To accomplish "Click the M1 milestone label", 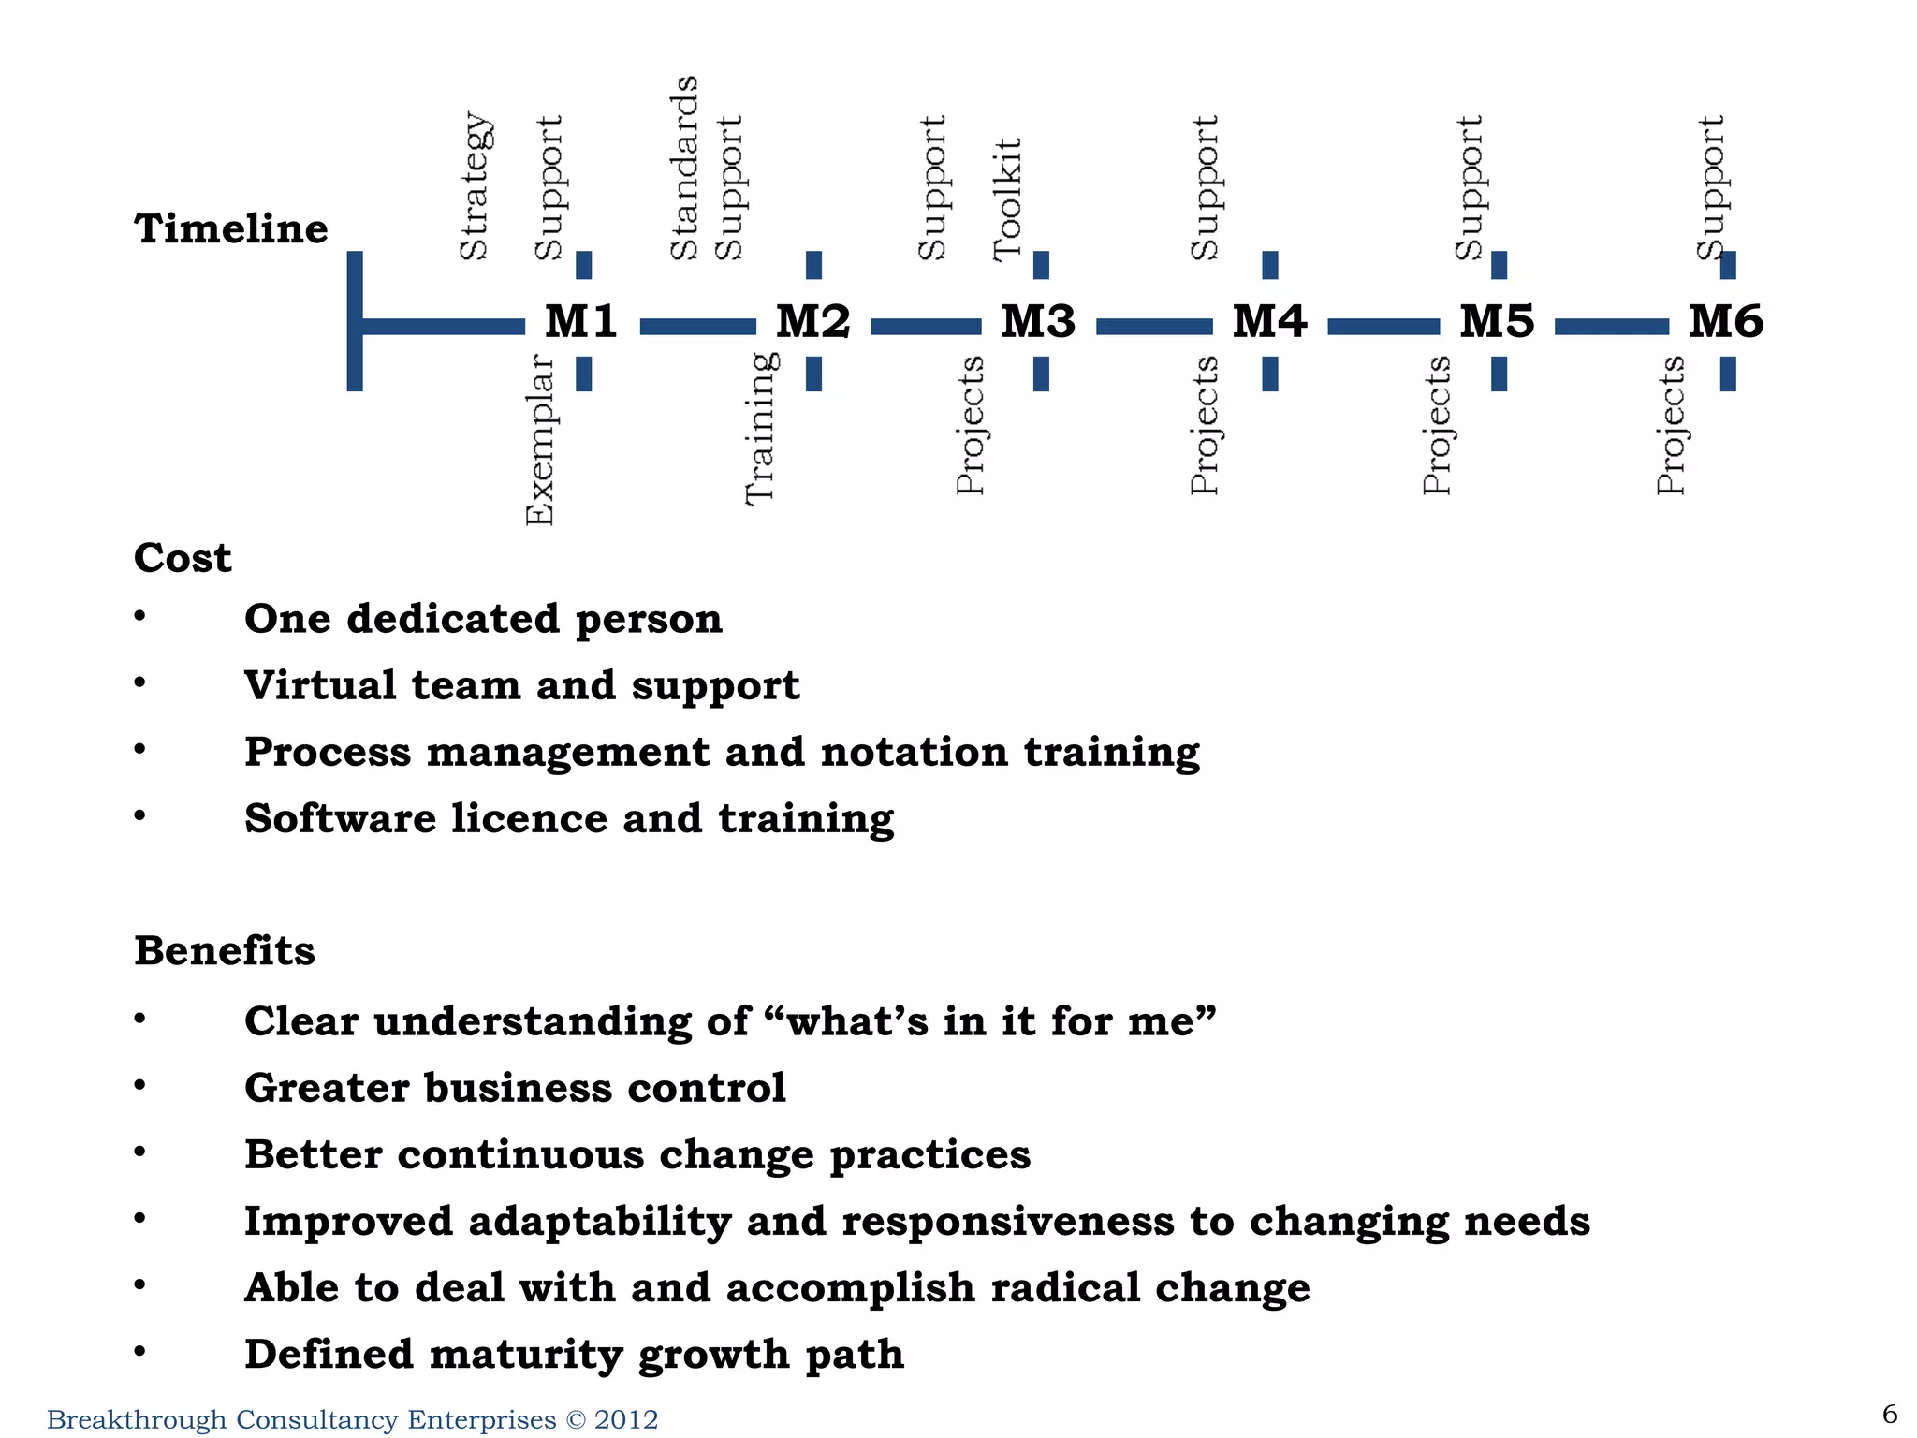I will tap(581, 322).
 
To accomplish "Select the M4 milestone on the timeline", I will tap(1269, 322).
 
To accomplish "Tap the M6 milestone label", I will tap(1726, 322).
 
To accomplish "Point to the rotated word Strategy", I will tap(475, 186).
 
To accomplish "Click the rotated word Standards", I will tap(685, 168).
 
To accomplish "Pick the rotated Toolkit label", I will tap(1007, 199).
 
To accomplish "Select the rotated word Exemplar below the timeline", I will tap(540, 439).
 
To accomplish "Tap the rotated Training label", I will tap(760, 428).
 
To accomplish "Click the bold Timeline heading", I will tap(231, 229).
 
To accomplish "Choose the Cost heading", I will tap(183, 558).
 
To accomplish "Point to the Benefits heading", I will tap(225, 951).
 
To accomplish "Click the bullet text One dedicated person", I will tap(483, 619).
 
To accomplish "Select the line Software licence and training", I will tap(569, 818).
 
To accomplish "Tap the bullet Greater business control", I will tap(515, 1088).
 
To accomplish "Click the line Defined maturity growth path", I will tap(574, 1355).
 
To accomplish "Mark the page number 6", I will tap(1890, 1414).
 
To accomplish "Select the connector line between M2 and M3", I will tap(926, 326).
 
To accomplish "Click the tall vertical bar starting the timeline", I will tap(355, 321).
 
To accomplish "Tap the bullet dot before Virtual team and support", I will tap(139, 683).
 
